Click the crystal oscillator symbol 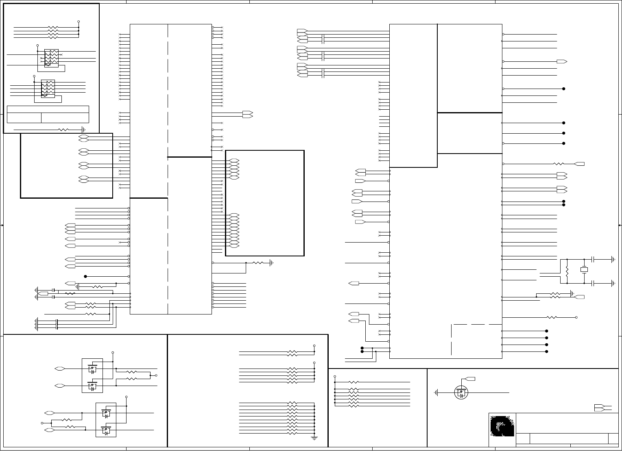pos(584,270)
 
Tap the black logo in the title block pos(502,426)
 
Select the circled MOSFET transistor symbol pos(461,392)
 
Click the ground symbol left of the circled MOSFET pos(436,393)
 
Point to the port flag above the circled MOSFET pos(470,379)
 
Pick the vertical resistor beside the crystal pos(567,271)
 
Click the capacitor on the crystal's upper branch pos(593,259)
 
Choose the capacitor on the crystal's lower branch pos(593,283)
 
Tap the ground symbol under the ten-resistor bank pos(314,438)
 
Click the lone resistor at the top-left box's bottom pos(63,130)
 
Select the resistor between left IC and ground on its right pos(258,263)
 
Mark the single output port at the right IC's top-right pos(562,62)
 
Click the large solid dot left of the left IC pos(85,276)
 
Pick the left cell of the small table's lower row pos(24,118)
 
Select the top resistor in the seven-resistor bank pos(354,382)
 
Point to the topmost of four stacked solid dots pos(546,331)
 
